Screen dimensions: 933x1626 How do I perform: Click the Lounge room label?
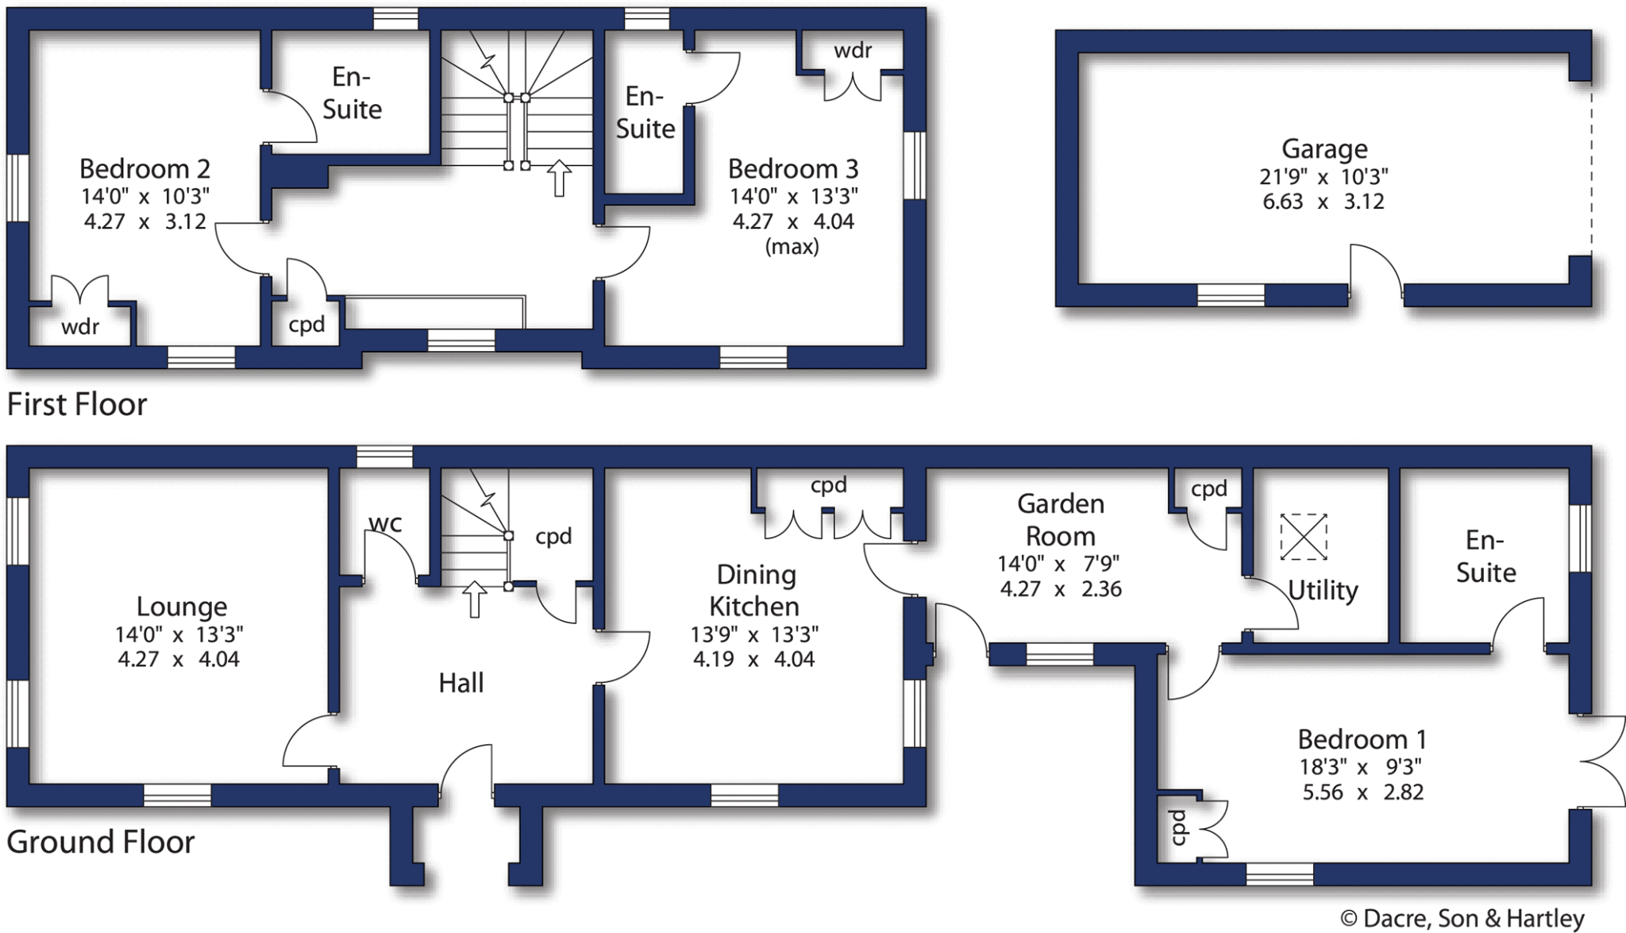tap(182, 607)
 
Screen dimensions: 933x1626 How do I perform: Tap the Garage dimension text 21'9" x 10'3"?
tap(1324, 176)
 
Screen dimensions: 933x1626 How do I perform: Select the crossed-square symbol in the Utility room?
tap(1303, 537)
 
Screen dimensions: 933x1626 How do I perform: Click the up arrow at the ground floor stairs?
tap(474, 599)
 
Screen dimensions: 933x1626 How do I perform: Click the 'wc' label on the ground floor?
tap(385, 523)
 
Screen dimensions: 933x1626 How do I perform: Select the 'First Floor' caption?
tap(77, 404)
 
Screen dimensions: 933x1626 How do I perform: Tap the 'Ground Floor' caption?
tap(100, 842)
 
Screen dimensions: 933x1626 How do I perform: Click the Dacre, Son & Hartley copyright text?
tap(1462, 919)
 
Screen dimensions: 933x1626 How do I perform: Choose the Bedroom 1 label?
tap(1362, 739)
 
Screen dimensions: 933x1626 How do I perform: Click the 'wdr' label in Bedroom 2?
tap(80, 326)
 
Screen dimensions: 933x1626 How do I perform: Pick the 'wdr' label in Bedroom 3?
tap(853, 51)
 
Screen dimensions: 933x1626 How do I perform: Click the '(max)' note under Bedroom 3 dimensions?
tap(792, 247)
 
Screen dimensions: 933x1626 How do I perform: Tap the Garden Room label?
tap(1060, 519)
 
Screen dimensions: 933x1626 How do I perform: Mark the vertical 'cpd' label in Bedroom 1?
tap(1178, 827)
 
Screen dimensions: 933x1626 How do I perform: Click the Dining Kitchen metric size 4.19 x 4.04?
tap(753, 659)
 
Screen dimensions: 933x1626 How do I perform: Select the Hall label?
tap(460, 683)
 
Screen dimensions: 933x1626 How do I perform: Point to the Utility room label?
tap(1323, 590)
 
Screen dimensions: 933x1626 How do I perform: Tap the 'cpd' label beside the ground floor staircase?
tap(553, 537)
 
